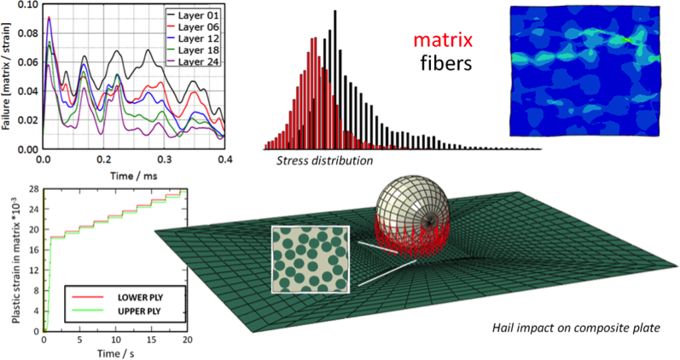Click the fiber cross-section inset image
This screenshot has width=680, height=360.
(310, 259)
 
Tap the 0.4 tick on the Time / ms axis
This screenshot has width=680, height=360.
(225, 159)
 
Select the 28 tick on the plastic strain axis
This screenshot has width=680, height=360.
(34, 189)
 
